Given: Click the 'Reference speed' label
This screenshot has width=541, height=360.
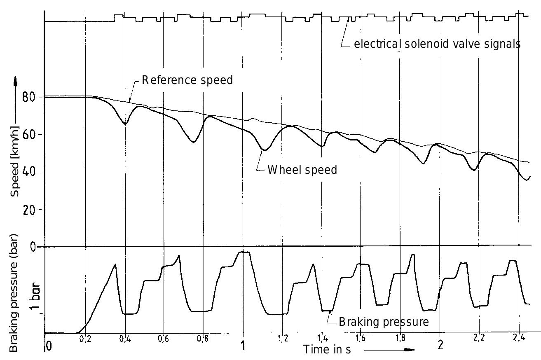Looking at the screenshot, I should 187,80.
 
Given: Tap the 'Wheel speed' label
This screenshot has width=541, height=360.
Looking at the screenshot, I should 302,170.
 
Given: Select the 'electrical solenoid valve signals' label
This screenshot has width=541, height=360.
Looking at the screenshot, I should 437,44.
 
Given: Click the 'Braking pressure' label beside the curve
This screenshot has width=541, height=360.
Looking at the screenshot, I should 384,321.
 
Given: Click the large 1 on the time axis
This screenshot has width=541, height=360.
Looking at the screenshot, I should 243,345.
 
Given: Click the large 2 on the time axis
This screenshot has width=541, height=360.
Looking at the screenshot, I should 440,345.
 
